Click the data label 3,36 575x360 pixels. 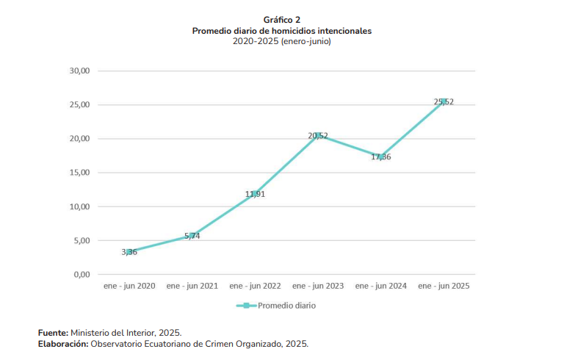[x=129, y=252]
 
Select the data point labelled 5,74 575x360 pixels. [x=192, y=236]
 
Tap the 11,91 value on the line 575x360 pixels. [x=255, y=195]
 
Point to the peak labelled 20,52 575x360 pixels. [x=318, y=136]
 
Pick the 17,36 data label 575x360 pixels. [x=381, y=156]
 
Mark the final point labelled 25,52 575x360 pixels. [x=444, y=102]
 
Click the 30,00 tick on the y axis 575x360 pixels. [x=79, y=71]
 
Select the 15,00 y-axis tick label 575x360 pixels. [x=79, y=173]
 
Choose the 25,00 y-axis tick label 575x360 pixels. [x=79, y=105]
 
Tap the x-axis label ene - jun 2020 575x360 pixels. [x=129, y=286]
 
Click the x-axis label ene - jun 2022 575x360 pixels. [x=255, y=286]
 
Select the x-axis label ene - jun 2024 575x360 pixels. [x=380, y=286]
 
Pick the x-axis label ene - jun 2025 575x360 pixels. [x=444, y=286]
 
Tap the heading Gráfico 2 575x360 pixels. [x=282, y=20]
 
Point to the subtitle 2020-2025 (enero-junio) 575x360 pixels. [x=282, y=42]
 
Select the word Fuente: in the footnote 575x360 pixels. [x=54, y=333]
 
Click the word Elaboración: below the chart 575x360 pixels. [x=63, y=344]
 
